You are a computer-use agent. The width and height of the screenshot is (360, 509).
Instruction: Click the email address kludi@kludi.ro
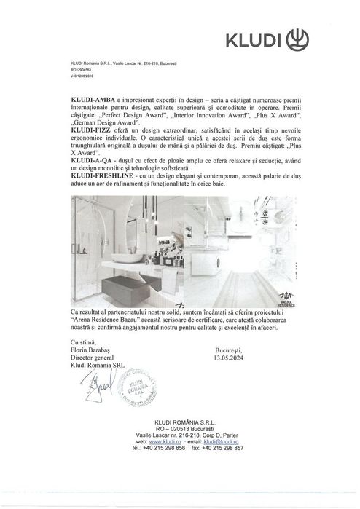222,442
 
